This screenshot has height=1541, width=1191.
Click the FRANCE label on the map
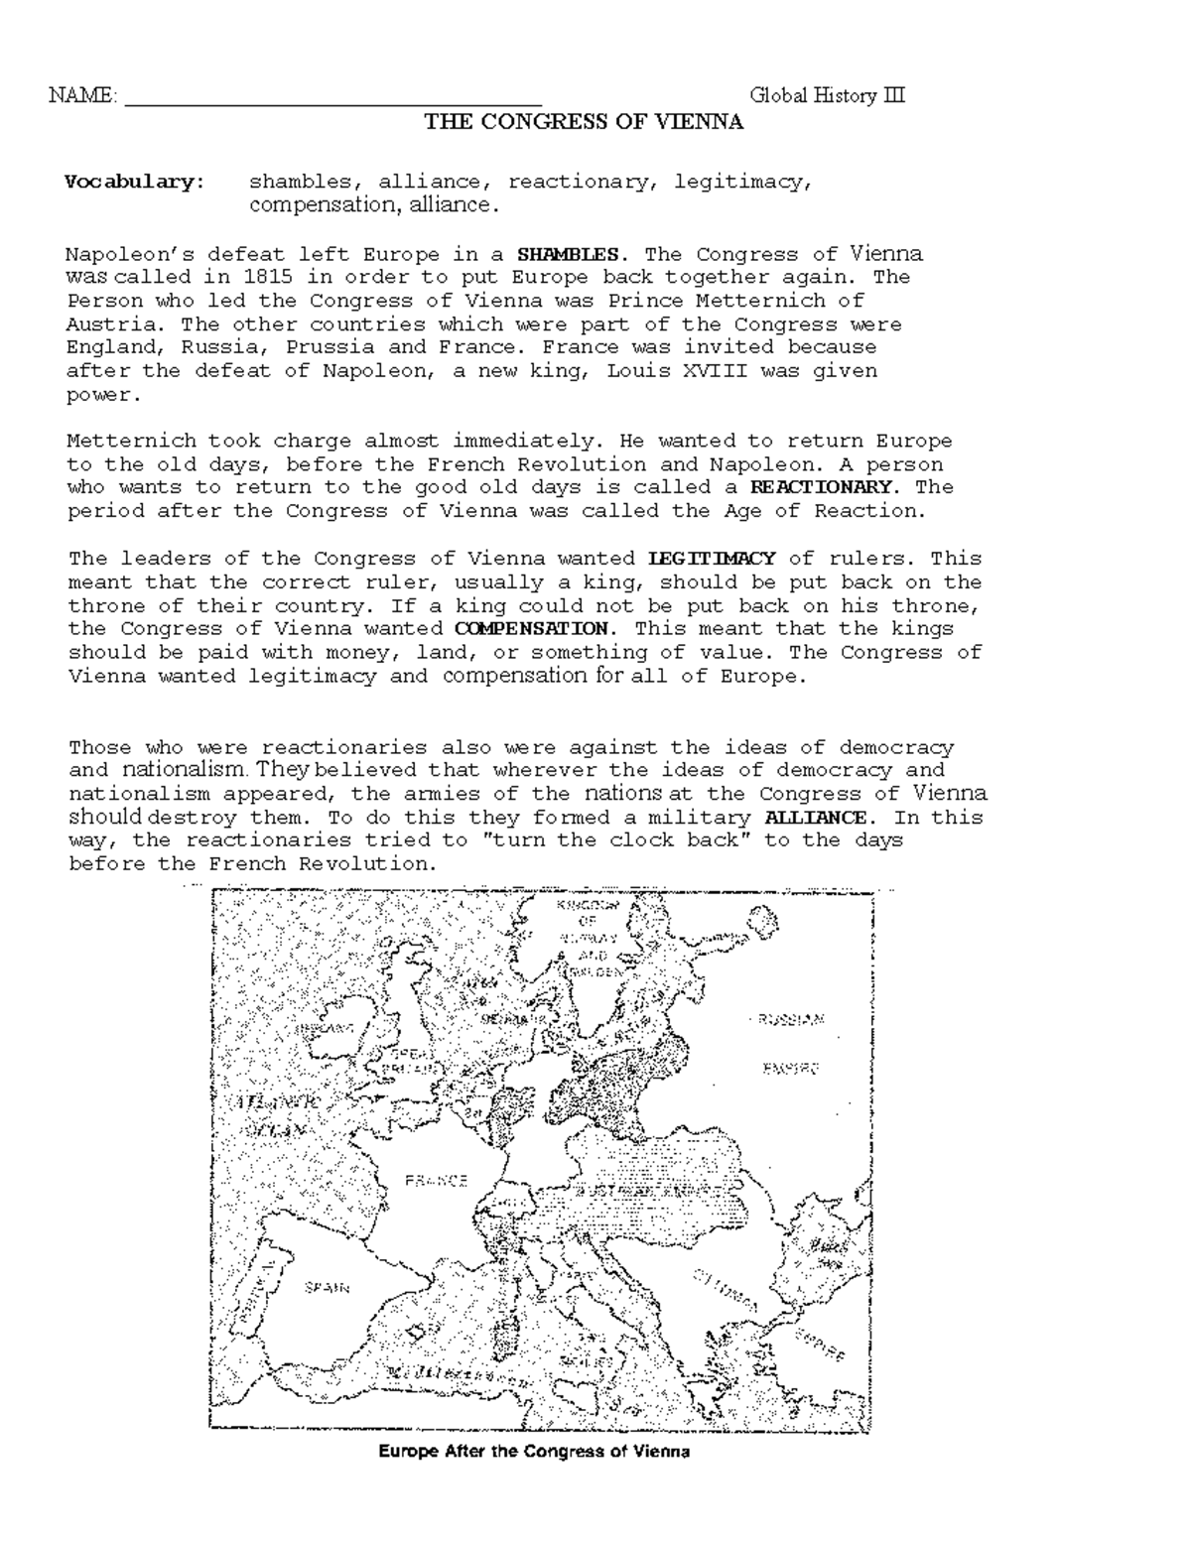coord(436,1181)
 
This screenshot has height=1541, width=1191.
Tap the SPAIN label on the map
coord(327,1288)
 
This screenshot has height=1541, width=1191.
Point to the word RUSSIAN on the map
coord(790,1019)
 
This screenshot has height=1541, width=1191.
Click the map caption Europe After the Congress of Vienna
coord(534,1452)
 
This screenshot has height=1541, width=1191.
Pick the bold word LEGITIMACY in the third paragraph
coord(712,559)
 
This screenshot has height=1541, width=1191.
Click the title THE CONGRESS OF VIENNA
coord(584,122)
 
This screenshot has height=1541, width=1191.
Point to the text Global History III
coord(828,96)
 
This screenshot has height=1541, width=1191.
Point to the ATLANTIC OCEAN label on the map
coord(268,1116)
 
